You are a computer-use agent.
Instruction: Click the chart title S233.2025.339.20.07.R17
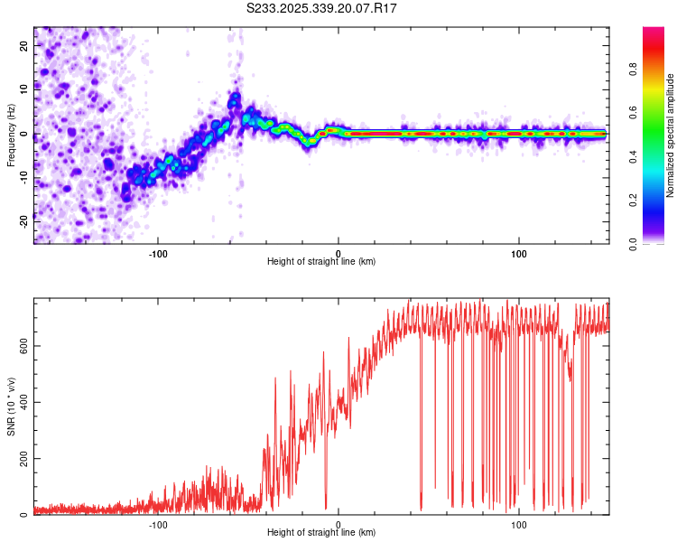point(322,8)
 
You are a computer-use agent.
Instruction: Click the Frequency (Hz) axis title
point(11,135)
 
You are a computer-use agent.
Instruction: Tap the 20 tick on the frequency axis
point(24,45)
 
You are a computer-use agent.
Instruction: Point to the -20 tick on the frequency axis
point(24,222)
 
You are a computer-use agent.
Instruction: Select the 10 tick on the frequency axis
point(24,89)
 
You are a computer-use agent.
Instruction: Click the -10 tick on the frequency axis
point(24,178)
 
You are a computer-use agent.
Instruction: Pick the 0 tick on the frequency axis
point(24,134)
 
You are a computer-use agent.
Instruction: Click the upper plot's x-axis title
point(321,262)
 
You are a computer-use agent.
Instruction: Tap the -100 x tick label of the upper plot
point(158,252)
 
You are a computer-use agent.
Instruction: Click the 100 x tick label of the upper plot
point(519,252)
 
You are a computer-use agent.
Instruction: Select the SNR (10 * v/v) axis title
point(11,408)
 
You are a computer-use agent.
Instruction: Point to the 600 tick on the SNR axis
point(24,345)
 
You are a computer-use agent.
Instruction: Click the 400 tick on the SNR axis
point(24,402)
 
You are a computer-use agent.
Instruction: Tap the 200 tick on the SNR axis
point(24,459)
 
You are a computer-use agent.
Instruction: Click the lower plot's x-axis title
point(321,533)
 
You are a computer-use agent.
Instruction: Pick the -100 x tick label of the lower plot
point(158,523)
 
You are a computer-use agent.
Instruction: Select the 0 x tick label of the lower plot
point(338,523)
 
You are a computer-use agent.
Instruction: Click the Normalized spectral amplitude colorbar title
point(671,135)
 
